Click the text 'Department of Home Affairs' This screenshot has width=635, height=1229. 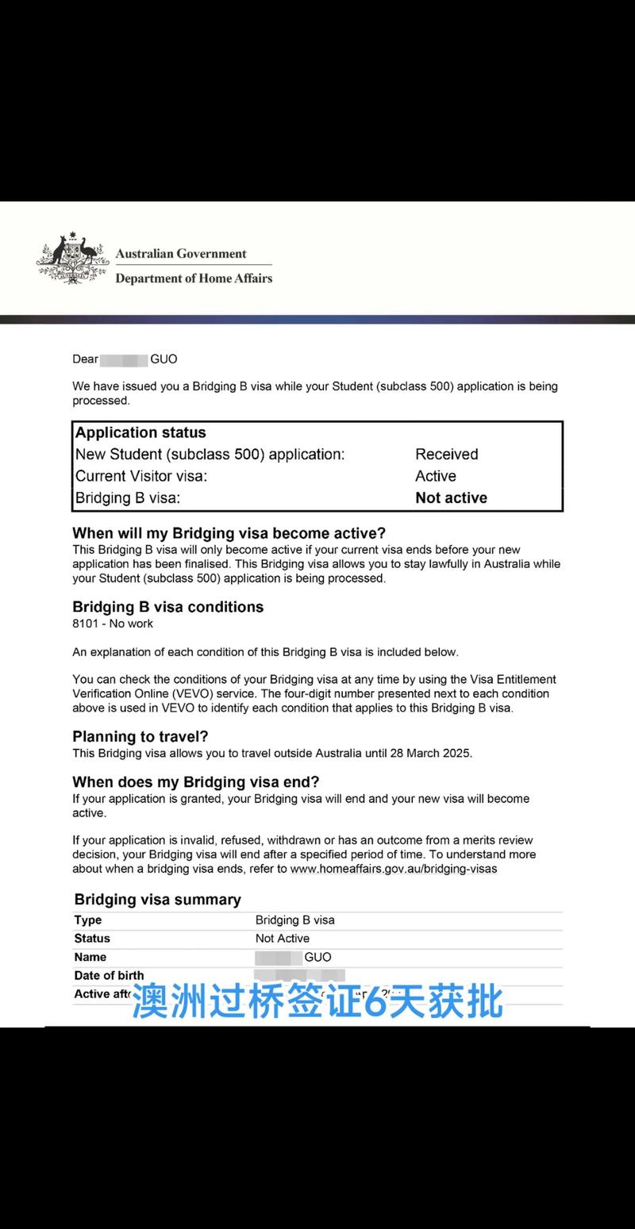194,278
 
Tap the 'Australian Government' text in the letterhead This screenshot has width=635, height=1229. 181,254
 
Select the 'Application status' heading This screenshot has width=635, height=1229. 140,432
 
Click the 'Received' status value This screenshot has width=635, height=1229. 446,455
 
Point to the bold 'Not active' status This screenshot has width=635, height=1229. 451,498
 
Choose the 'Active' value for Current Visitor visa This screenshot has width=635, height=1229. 435,476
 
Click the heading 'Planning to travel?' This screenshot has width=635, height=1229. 140,736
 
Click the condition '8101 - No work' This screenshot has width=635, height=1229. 113,624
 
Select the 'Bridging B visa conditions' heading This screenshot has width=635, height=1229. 167,607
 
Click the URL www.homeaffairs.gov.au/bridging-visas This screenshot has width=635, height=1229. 394,869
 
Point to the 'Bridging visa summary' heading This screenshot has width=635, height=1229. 157,900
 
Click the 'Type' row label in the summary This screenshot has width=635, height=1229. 88,920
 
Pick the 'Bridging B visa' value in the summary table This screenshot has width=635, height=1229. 294,920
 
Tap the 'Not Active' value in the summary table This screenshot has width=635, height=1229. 282,939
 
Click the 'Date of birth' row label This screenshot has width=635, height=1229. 109,976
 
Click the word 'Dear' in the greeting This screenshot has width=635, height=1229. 86,359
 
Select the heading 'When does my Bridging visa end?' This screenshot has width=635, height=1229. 196,782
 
